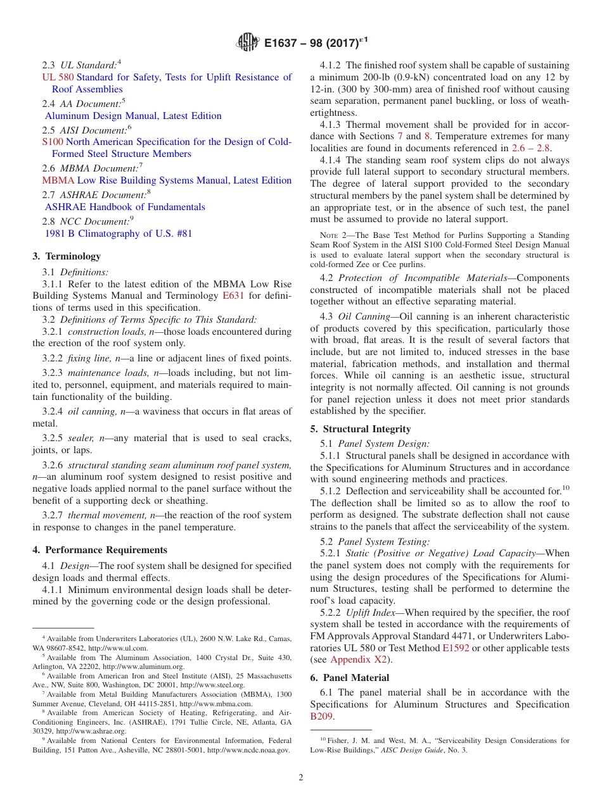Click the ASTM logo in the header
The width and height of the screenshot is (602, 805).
(x=248, y=42)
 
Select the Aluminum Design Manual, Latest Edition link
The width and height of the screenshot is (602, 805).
(x=133, y=116)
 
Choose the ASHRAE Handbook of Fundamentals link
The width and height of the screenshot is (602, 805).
(x=125, y=207)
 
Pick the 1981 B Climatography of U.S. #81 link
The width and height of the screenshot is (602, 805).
(x=118, y=234)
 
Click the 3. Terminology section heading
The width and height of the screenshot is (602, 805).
(x=67, y=256)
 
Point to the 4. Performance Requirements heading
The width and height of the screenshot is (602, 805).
(x=100, y=550)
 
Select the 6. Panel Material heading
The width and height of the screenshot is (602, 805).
(x=350, y=678)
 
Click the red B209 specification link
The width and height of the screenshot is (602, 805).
(x=321, y=717)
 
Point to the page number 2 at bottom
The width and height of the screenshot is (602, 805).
(x=301, y=778)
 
